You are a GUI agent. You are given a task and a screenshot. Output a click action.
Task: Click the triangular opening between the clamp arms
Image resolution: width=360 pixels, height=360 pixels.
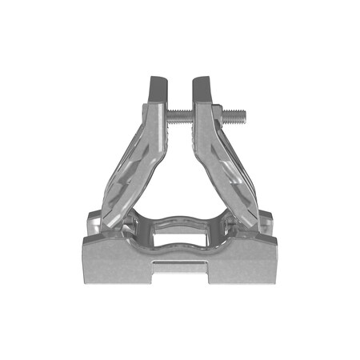click(180, 172)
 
